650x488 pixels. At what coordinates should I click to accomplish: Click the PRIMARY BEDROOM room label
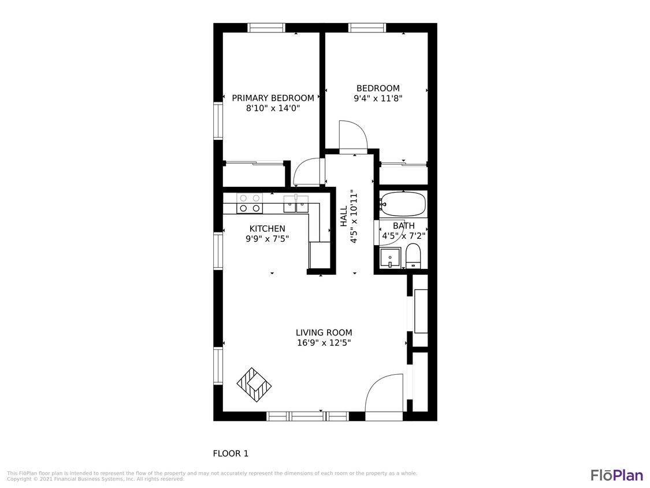click(273, 98)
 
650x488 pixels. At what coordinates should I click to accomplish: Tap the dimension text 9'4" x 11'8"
click(378, 98)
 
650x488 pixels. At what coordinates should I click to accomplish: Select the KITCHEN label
click(267, 228)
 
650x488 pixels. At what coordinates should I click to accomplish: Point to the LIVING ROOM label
click(324, 332)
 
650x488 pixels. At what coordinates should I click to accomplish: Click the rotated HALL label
click(344, 216)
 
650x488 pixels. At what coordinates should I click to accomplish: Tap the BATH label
click(403, 225)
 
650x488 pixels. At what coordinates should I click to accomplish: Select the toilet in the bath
click(413, 256)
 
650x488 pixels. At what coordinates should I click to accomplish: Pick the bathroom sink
click(391, 256)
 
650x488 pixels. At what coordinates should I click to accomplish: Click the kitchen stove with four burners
click(250, 203)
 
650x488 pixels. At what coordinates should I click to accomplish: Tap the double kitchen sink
click(296, 204)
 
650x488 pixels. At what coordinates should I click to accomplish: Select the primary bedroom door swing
click(306, 172)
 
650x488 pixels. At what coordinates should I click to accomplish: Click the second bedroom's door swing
click(352, 136)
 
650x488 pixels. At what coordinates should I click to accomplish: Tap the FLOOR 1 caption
click(231, 453)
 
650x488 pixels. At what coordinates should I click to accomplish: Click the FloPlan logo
click(616, 475)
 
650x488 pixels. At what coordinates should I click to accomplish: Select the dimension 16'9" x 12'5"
click(324, 343)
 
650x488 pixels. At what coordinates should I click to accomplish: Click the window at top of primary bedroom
click(266, 27)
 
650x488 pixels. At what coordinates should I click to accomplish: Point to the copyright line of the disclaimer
click(95, 479)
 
